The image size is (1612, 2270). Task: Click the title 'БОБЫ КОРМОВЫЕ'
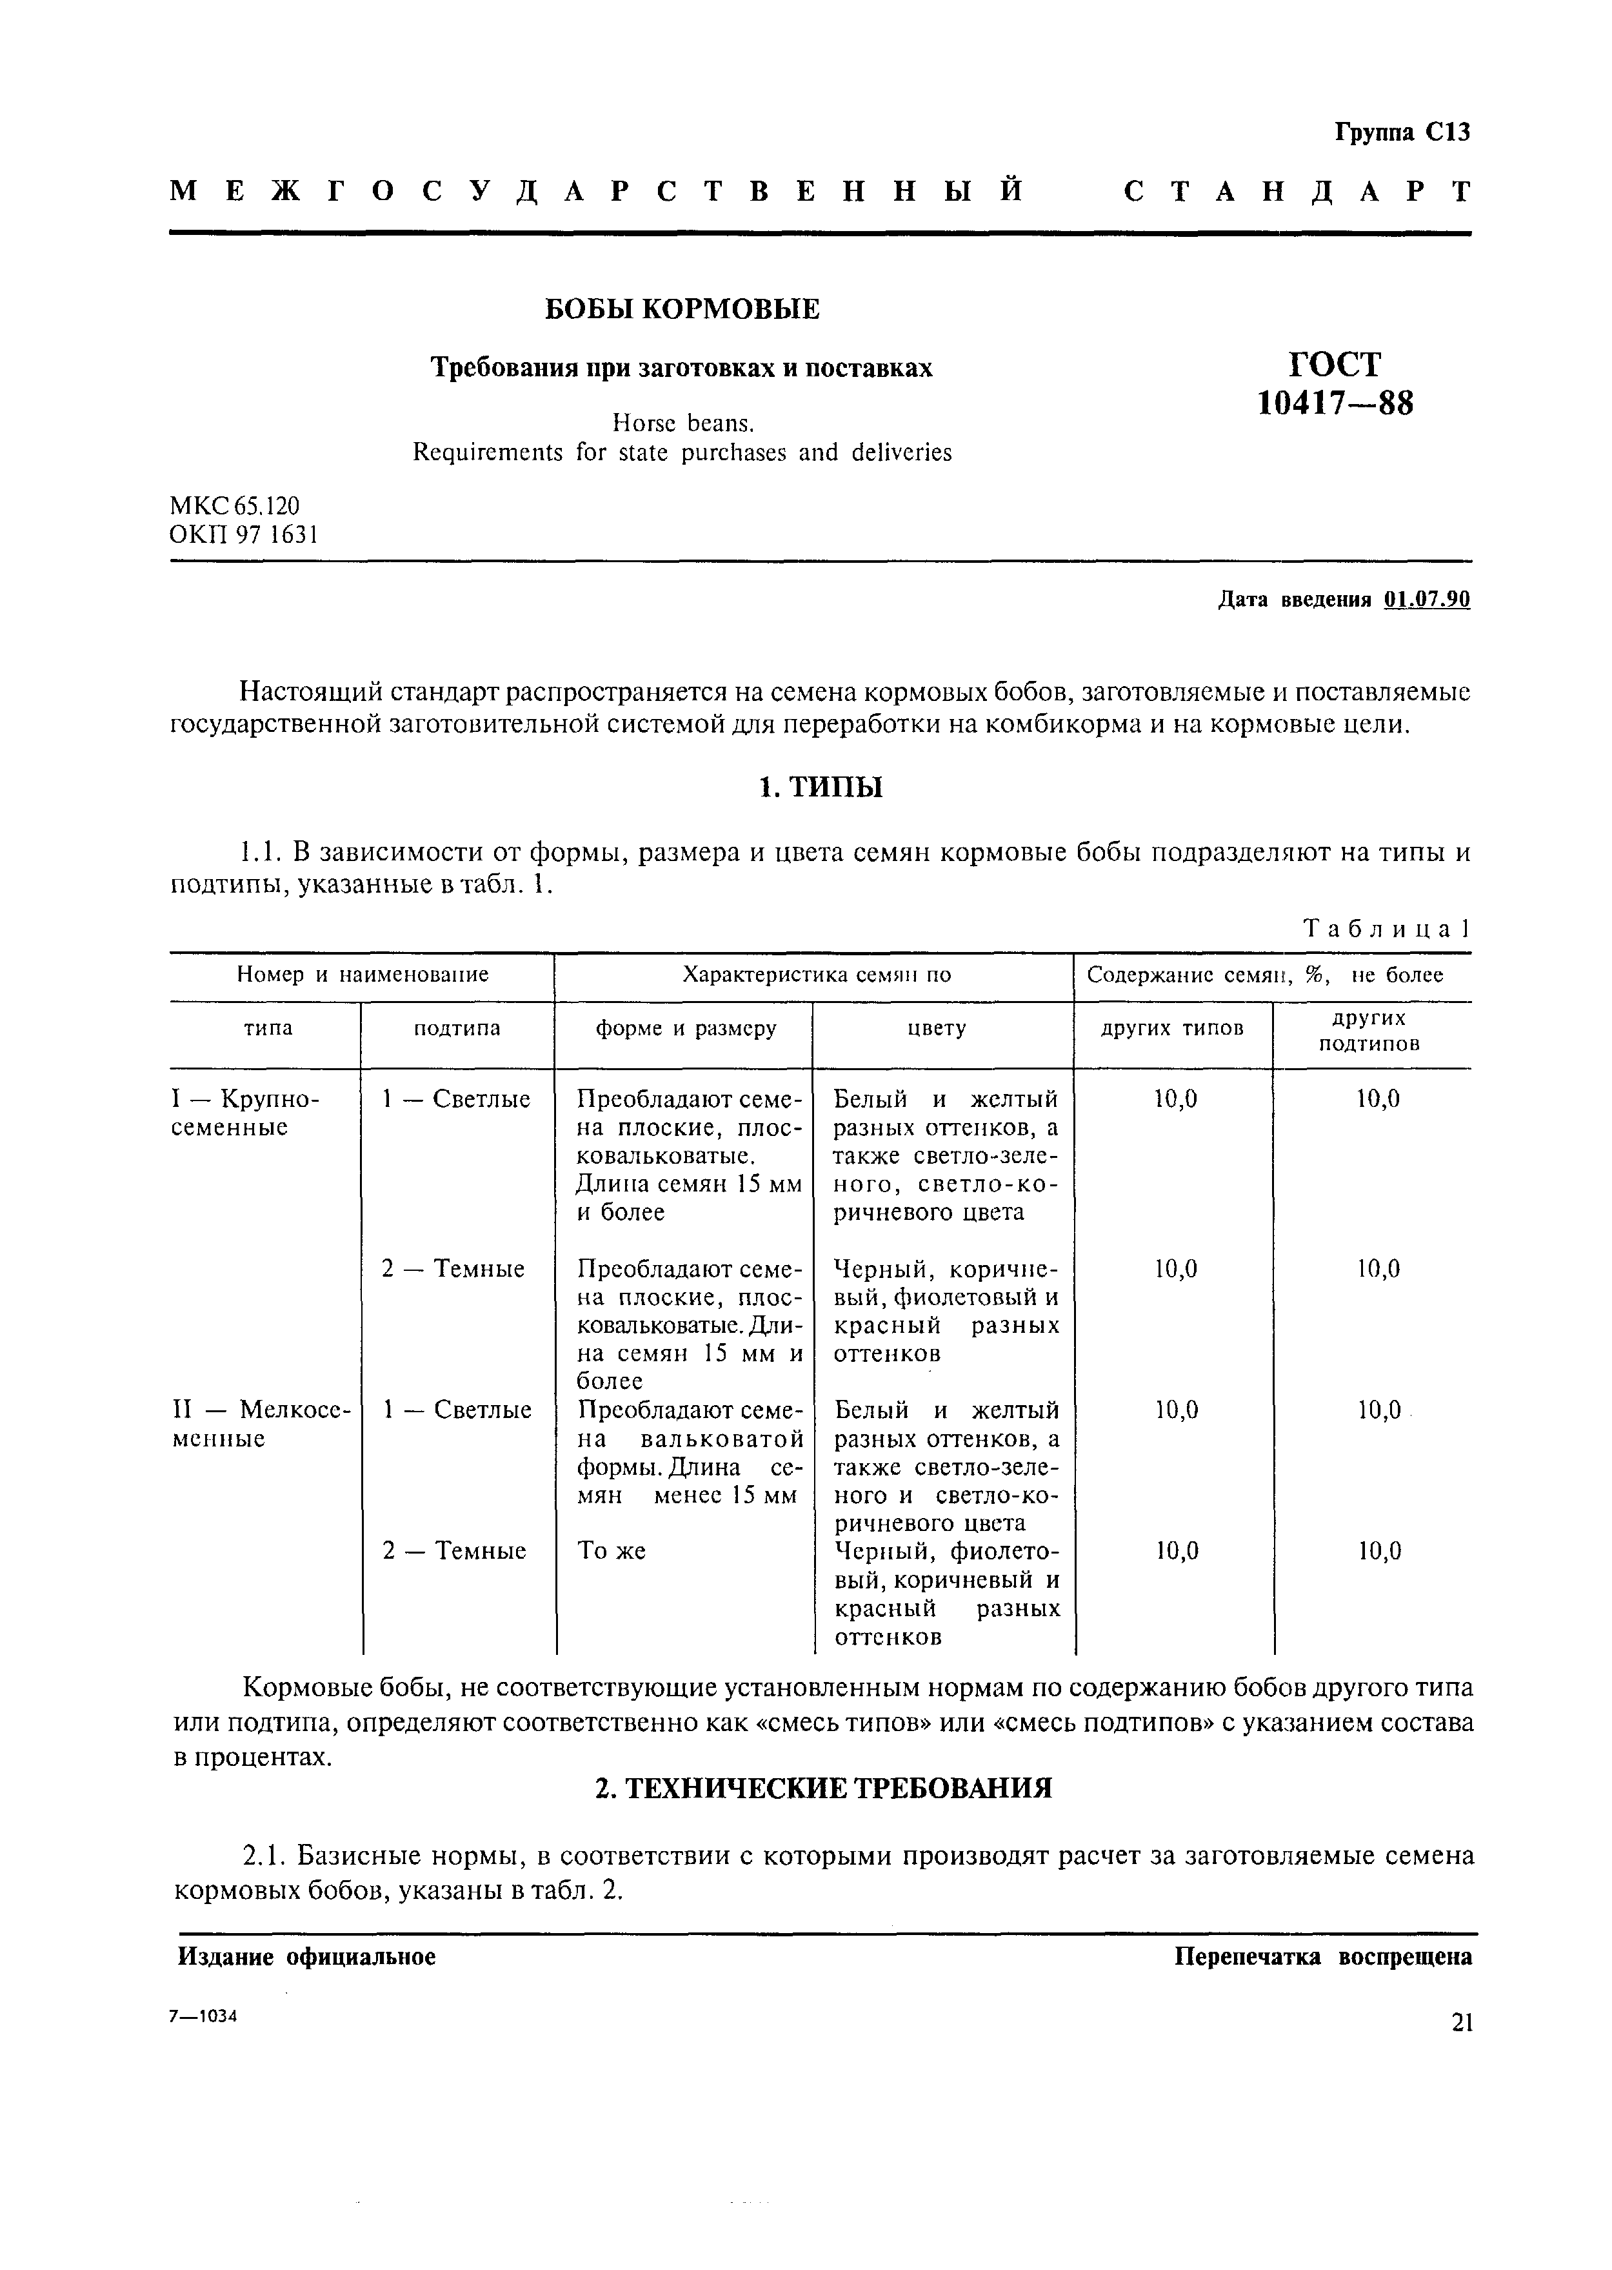[x=683, y=310]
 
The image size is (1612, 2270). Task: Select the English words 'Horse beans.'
[x=683, y=424]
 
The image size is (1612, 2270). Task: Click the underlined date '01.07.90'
[x=1426, y=600]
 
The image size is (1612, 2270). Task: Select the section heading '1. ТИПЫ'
[x=820, y=789]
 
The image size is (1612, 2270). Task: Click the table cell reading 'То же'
[x=612, y=1551]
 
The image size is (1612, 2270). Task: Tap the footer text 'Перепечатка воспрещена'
[x=1323, y=1957]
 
